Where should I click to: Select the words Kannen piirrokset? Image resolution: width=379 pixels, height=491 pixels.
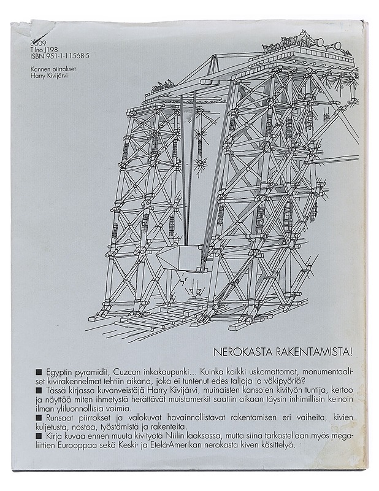(52, 69)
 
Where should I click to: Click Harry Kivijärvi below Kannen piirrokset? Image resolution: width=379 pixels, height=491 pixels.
(49, 75)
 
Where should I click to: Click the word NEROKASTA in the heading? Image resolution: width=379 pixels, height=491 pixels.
(244, 352)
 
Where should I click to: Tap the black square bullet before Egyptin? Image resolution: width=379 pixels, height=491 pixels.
(39, 372)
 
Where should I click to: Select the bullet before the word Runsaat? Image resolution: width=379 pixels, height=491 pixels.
(39, 417)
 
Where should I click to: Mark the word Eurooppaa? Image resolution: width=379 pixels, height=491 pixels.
(74, 446)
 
